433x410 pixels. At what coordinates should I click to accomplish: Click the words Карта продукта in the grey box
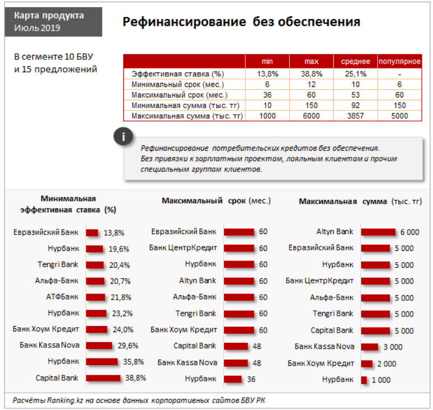point(49,16)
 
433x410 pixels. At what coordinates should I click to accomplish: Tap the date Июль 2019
point(37,28)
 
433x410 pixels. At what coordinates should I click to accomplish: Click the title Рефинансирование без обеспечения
point(241,22)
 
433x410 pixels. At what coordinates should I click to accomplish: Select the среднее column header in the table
point(355,61)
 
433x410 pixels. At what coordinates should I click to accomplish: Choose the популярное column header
point(399,61)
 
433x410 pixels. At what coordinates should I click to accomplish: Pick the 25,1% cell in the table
point(355,74)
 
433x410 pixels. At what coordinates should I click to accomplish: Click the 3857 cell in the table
point(355,116)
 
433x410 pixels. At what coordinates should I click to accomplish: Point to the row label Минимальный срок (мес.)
point(178,85)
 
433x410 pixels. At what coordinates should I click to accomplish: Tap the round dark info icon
point(123,137)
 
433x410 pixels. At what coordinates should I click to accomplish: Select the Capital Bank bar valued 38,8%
point(103,378)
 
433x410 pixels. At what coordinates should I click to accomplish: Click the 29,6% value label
point(128,346)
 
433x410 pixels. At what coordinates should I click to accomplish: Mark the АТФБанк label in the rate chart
point(62,297)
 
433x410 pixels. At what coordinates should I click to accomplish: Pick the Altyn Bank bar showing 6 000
point(378,232)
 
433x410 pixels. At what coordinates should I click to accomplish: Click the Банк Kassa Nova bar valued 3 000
point(370,347)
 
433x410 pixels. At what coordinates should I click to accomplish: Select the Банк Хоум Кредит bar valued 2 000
point(367,364)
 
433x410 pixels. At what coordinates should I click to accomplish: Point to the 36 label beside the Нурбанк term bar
point(251,379)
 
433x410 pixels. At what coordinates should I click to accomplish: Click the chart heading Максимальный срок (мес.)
point(216,201)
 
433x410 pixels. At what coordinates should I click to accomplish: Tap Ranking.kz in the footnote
point(65,400)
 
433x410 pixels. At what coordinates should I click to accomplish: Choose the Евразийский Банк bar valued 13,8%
point(92,233)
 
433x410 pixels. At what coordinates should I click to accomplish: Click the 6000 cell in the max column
point(311,116)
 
